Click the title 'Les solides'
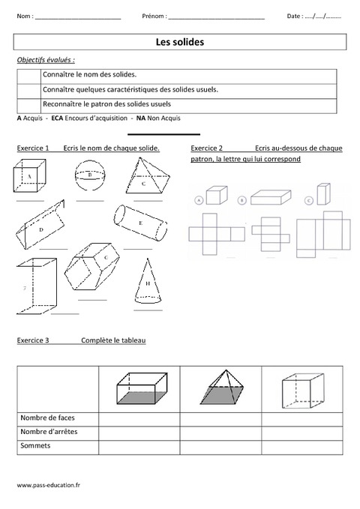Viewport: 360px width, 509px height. click(x=179, y=43)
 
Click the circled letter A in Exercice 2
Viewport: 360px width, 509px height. click(x=199, y=200)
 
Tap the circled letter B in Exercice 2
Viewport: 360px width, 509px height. click(x=241, y=200)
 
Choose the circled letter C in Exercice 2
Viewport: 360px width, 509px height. click(x=308, y=200)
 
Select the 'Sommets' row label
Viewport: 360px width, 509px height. click(x=33, y=445)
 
